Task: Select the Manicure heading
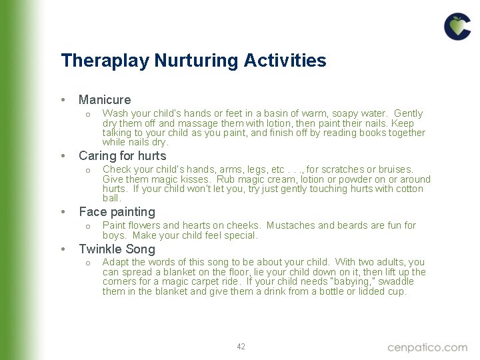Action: (x=105, y=100)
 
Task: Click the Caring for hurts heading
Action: (x=122, y=156)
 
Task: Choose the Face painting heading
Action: (x=117, y=212)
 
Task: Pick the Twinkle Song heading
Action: (x=117, y=249)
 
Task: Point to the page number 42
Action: (x=241, y=347)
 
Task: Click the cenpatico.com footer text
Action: (x=427, y=347)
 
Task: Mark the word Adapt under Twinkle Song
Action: (x=115, y=262)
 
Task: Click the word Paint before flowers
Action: (x=114, y=225)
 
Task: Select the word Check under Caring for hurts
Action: (x=117, y=170)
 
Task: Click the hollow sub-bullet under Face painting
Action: (x=87, y=226)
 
